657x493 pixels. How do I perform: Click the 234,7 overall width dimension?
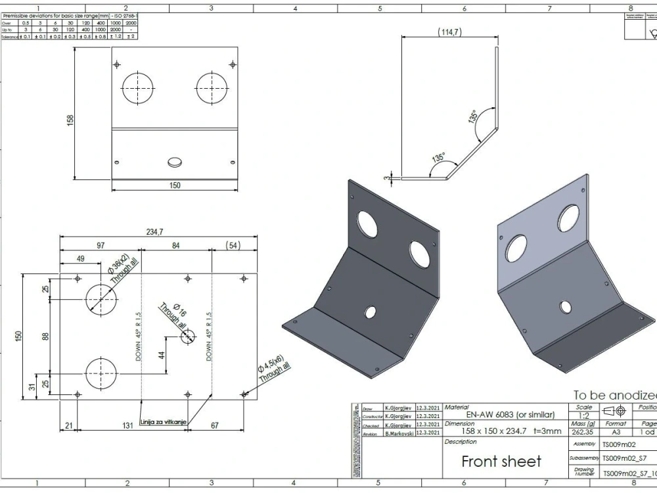pos(155,231)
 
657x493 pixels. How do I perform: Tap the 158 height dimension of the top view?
pos(70,120)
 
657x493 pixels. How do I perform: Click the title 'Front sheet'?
pos(501,461)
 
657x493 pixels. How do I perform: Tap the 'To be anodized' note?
pos(614,396)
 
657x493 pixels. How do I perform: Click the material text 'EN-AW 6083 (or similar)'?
pos(510,415)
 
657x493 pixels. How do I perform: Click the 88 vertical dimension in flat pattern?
pos(46,336)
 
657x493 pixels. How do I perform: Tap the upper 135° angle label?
pos(472,117)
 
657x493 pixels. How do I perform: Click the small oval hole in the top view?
pos(175,161)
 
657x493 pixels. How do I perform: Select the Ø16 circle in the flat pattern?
pos(188,336)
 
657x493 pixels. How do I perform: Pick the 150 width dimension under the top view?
pos(175,185)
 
